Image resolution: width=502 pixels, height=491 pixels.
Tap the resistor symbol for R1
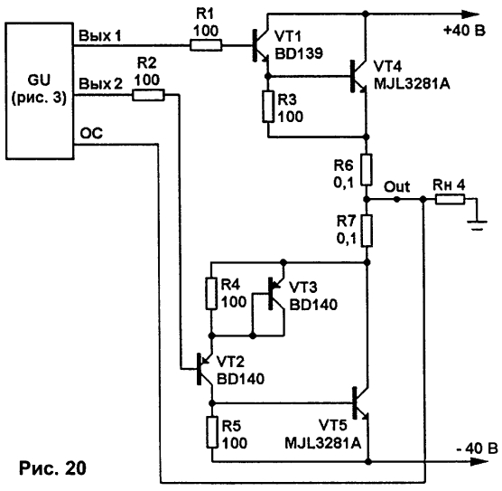(206, 45)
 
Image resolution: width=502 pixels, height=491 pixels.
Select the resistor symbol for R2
(148, 95)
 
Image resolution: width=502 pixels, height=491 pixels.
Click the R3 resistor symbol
(268, 107)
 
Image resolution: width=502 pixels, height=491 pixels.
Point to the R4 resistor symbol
(211, 294)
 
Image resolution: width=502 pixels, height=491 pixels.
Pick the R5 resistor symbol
(212, 432)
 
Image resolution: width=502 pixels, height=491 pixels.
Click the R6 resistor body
(367, 170)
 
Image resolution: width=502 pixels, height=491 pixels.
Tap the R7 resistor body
(367, 231)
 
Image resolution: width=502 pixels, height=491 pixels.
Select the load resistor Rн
(450, 200)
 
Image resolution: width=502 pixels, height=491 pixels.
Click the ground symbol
(477, 225)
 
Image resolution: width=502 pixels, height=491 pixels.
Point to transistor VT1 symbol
(261, 45)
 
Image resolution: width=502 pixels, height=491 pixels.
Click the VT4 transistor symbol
(358, 76)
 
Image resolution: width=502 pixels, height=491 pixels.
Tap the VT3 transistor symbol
(276, 294)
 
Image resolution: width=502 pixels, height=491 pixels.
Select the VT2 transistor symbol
(205, 369)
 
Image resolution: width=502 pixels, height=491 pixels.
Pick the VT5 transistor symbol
(360, 402)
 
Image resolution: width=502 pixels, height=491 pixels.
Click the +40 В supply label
(464, 31)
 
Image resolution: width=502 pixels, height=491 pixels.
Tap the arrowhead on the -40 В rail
(479, 462)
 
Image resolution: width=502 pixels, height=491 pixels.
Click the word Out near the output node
(396, 186)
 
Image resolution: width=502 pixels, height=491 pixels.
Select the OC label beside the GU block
(91, 133)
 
